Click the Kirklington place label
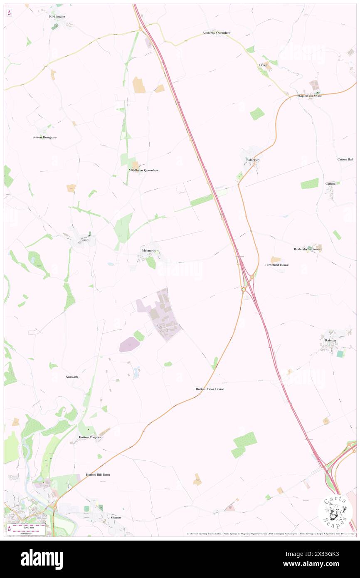(57, 17)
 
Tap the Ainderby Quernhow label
(217, 32)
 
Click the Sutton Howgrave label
(44, 137)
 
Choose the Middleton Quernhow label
(143, 170)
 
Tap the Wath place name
(85, 240)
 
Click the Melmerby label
(148, 251)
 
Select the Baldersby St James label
(307, 249)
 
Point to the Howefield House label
(277, 265)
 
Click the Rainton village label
(330, 341)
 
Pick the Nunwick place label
(72, 377)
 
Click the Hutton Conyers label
(90, 437)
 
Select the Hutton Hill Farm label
(98, 474)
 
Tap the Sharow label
(116, 517)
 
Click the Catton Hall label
(345, 159)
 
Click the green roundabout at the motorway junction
(244, 289)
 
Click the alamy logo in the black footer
(42, 559)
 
